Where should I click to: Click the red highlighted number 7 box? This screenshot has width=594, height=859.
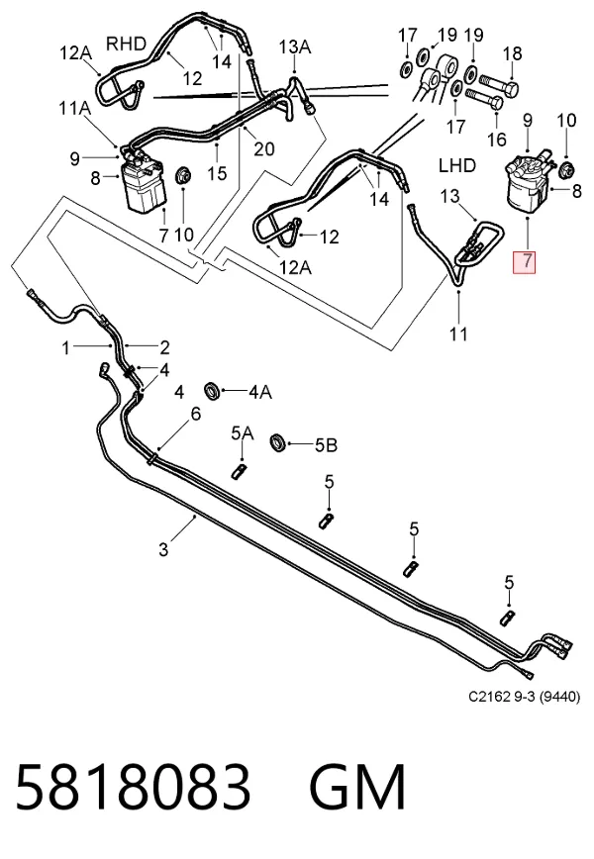coord(524,261)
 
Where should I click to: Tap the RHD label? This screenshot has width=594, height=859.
coord(126,44)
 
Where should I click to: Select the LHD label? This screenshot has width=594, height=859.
coord(457,165)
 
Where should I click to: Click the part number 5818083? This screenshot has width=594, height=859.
coord(134,787)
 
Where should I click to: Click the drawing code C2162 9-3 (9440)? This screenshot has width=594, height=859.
coord(524,697)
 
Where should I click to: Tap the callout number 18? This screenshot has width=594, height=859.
coord(513,53)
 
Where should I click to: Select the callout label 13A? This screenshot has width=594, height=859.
coord(295,47)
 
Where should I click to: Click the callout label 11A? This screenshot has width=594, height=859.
coord(74,108)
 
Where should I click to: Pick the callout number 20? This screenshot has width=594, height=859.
coord(263,148)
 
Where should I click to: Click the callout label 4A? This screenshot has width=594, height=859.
coord(260,392)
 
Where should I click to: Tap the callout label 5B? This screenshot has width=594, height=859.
coord(326,445)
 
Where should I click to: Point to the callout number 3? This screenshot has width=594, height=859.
coord(163,548)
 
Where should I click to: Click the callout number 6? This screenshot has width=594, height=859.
coord(196,414)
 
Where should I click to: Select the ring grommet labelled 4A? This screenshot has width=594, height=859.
coord(213,391)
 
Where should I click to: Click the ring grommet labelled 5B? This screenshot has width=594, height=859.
coord(279,442)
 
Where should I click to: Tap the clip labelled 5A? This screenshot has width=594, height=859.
coord(239,470)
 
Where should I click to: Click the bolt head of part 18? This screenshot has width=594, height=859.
coord(511,88)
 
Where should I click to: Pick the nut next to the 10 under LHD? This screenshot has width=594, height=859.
coord(565,170)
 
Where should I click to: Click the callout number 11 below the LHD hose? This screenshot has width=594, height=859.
coord(458,334)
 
